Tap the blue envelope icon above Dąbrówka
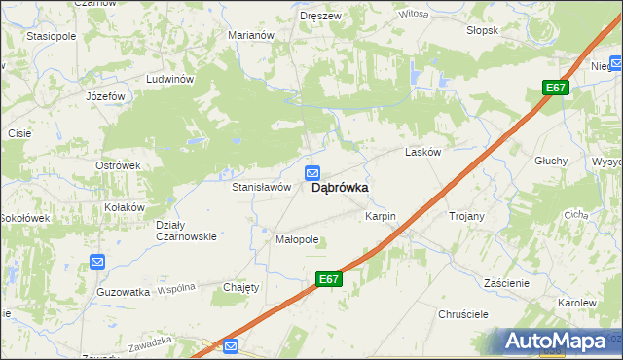click(312, 173)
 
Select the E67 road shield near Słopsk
click(555, 89)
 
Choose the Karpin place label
click(381, 215)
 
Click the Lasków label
click(423, 153)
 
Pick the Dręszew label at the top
click(320, 16)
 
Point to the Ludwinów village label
click(170, 79)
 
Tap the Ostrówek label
click(118, 165)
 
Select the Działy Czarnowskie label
click(186, 231)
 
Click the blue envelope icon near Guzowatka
click(97, 262)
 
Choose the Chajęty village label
click(241, 287)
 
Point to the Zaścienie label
click(506, 283)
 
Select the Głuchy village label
click(550, 161)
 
